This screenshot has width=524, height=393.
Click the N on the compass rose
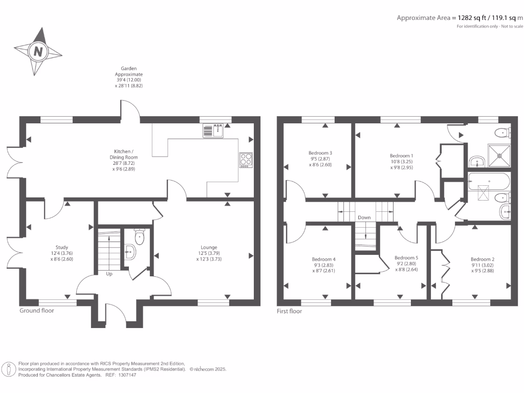tap(38, 52)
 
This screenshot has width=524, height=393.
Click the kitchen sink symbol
tap(213, 130)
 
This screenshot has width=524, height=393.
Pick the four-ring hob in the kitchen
tap(246, 160)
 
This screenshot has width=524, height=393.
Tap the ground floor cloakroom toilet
tap(139, 236)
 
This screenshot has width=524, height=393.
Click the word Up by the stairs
tap(109, 274)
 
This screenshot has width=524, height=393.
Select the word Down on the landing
tap(364, 217)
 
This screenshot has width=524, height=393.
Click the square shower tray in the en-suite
tap(499, 156)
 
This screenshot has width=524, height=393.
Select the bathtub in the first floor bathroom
tap(489, 182)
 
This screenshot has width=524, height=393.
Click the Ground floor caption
tap(37, 311)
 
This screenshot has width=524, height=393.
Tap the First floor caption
tap(290, 311)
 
